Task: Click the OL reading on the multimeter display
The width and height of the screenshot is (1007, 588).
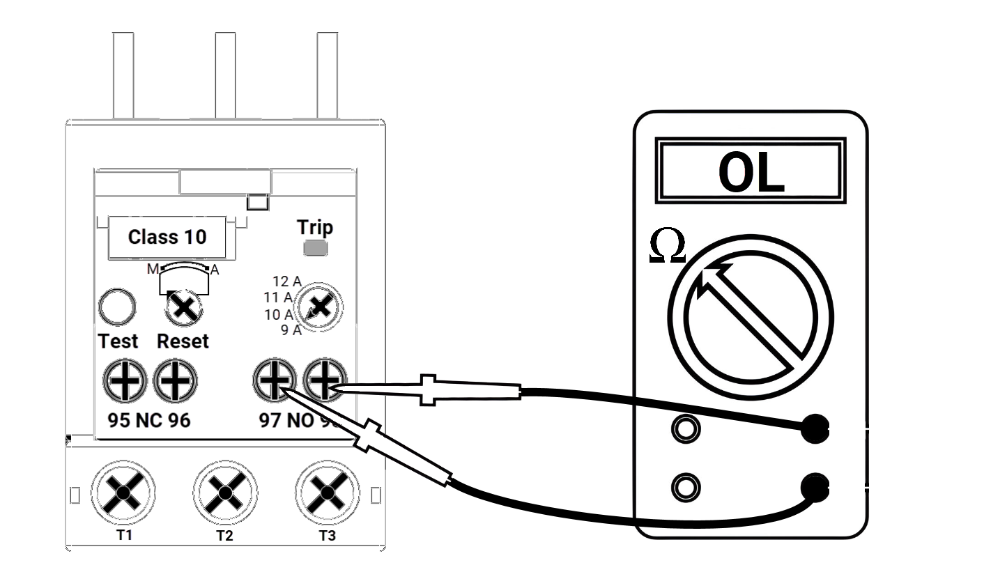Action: (x=751, y=172)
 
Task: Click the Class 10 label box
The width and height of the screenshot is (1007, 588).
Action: (x=167, y=237)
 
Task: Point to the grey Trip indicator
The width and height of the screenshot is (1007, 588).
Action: (x=316, y=248)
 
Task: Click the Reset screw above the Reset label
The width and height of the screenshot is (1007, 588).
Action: (x=183, y=307)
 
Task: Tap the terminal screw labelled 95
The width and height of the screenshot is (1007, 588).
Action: (x=124, y=381)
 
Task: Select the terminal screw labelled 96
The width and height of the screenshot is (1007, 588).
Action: (x=175, y=381)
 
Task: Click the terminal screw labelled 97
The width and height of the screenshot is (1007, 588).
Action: (x=274, y=381)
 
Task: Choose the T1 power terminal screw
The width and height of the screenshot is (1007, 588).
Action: (x=123, y=492)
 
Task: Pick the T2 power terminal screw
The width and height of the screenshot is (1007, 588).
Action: (x=224, y=492)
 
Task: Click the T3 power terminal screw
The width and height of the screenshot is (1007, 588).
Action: (x=325, y=492)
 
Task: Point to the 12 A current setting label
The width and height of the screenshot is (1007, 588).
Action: (x=286, y=281)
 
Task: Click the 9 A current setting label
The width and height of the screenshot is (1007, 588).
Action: (x=291, y=330)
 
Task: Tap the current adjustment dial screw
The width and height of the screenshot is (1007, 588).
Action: (x=319, y=307)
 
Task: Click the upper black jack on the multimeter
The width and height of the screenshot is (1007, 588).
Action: (x=814, y=428)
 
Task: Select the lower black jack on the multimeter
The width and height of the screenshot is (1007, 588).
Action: (x=814, y=487)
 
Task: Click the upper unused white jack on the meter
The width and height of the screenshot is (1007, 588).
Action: (x=685, y=428)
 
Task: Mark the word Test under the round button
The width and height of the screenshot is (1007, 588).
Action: (x=118, y=341)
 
